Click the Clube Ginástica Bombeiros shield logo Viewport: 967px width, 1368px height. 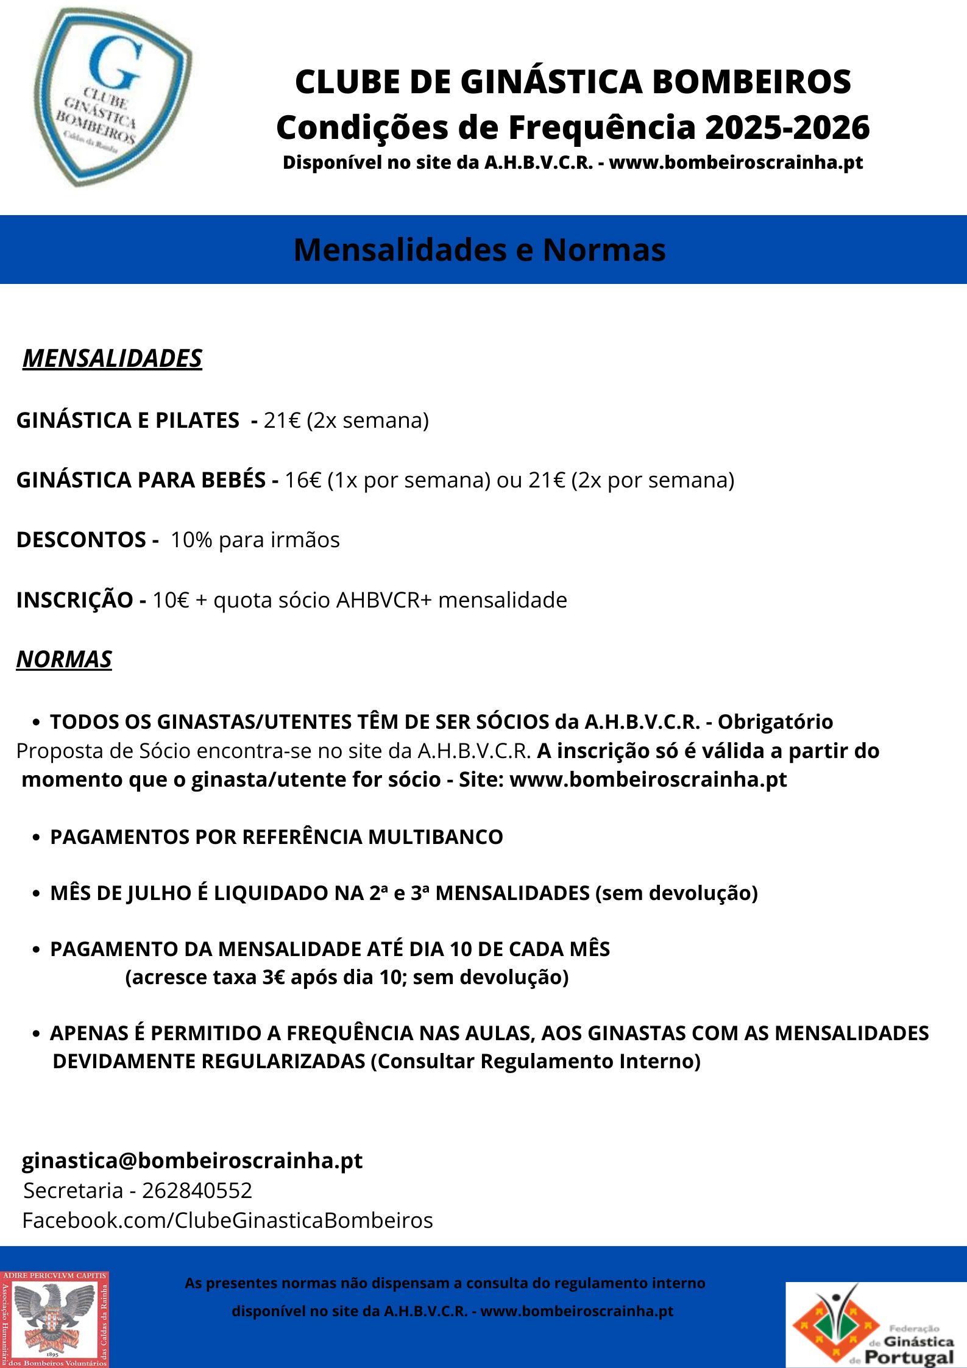113,97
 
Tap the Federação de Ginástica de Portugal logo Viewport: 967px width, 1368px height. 876,1324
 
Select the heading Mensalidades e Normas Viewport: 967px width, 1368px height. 480,250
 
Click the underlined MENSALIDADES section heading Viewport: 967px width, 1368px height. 112,358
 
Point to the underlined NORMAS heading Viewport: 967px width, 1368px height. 64,659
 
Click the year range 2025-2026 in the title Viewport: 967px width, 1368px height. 787,127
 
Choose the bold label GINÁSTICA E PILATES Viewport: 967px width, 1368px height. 127,420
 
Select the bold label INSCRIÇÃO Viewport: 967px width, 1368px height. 74,600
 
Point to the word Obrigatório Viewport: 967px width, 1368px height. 775,721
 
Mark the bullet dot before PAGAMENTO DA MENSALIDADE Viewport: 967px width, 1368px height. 37,950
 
